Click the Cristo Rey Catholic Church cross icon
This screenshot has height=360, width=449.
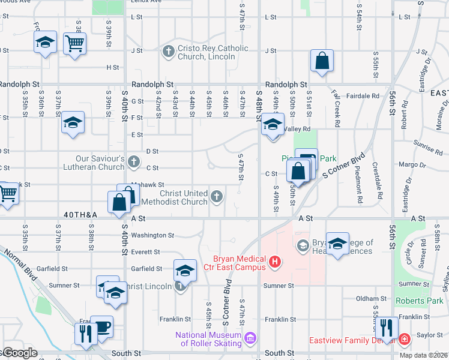(167, 52)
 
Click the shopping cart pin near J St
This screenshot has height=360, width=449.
(75, 43)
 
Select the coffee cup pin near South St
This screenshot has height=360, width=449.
(102, 327)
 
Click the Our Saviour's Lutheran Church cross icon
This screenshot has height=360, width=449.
(134, 162)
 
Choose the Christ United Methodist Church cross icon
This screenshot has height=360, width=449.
(217, 196)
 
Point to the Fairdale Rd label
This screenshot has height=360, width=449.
(367, 95)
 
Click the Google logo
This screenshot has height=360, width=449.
(20, 353)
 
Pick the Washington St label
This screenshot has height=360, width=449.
(152, 236)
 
